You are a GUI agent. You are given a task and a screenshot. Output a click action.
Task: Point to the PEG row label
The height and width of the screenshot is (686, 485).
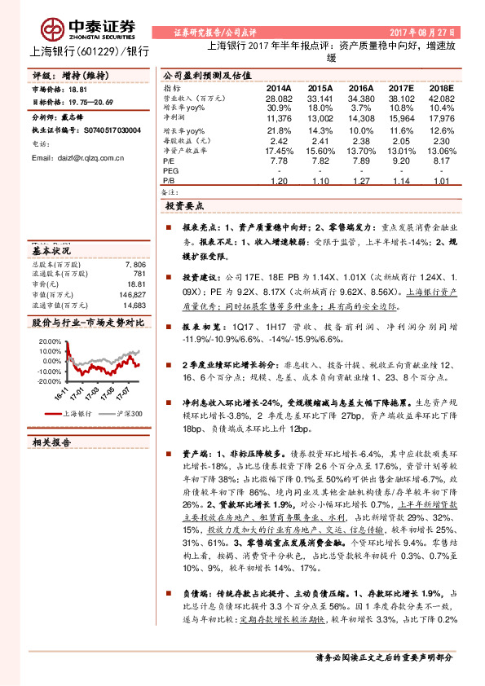click(170, 171)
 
